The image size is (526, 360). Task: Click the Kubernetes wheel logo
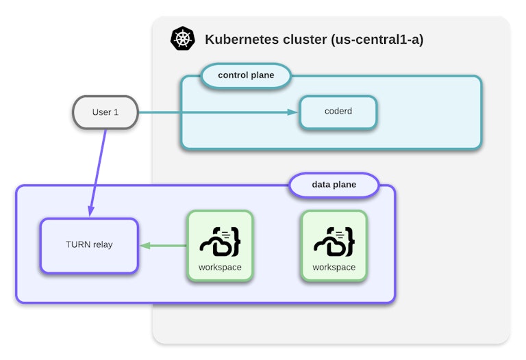click(183, 39)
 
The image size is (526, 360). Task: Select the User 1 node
click(105, 112)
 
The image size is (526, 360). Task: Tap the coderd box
click(338, 112)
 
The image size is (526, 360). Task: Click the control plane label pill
click(246, 75)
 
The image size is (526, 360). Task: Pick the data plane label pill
click(334, 185)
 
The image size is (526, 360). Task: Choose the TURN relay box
click(89, 245)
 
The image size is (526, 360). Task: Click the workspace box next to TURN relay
click(220, 245)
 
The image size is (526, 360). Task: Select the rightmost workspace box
click(334, 245)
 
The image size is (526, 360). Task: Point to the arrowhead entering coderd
click(294, 112)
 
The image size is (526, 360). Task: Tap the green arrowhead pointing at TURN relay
click(145, 245)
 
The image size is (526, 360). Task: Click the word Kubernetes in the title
click(242, 39)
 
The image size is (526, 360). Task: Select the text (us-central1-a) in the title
click(377, 39)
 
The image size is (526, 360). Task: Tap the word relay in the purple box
click(102, 244)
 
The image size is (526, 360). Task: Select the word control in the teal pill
click(234, 75)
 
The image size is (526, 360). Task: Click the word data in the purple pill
click(322, 185)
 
